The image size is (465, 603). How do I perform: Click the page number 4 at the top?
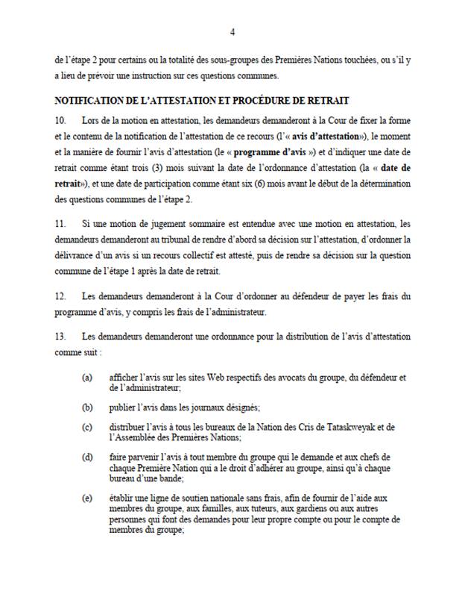coord(232,32)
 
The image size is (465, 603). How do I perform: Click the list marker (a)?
coord(88,378)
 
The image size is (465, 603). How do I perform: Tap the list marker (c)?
coord(88,426)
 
